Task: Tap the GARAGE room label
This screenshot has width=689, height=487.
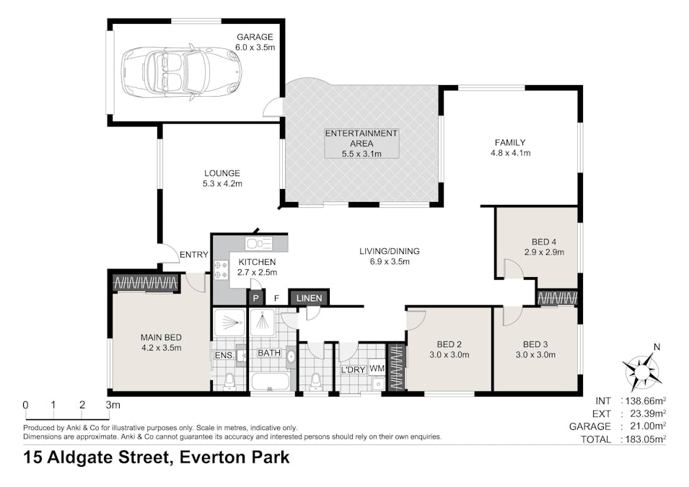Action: (255, 37)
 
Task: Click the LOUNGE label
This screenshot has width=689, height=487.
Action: (221, 173)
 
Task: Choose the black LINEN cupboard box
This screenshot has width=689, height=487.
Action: (310, 298)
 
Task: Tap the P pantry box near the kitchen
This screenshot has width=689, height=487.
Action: (255, 298)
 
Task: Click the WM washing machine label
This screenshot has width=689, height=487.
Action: (377, 369)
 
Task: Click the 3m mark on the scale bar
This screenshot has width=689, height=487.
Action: (112, 405)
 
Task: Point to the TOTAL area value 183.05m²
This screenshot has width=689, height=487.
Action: (644, 438)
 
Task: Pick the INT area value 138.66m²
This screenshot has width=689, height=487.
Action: (644, 400)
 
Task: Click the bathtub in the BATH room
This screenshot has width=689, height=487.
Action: (270, 381)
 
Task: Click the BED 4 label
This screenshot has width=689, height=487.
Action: (544, 241)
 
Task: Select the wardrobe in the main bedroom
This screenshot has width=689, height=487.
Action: (146, 283)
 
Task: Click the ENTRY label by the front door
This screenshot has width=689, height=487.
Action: (193, 255)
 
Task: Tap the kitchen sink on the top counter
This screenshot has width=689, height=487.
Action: (258, 243)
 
